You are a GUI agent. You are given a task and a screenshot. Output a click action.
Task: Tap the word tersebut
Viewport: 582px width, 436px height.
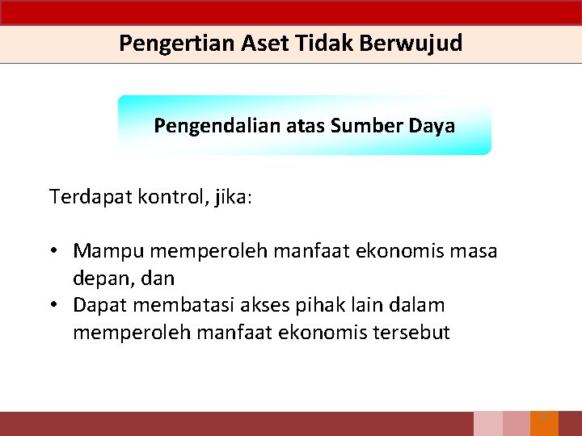(x=410, y=332)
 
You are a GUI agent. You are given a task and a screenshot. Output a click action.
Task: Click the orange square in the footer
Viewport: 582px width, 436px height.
(x=544, y=424)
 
